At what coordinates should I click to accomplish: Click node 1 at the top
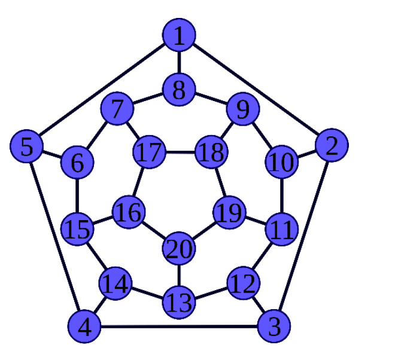tap(179, 36)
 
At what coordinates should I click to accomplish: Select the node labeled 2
tap(331, 145)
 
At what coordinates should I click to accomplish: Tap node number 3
tap(274, 327)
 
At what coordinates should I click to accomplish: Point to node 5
tap(26, 147)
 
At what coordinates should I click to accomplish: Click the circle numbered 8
tap(178, 91)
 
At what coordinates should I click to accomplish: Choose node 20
tap(178, 249)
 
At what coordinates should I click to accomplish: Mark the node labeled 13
tap(178, 302)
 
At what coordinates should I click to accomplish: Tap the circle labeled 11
tap(280, 228)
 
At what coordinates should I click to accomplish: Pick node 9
tap(242, 109)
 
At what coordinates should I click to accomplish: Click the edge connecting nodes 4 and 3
tap(180, 327)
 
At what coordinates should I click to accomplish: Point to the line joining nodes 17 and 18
tap(180, 152)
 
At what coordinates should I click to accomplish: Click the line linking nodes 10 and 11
tap(281, 195)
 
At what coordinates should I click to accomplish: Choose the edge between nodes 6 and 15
tap(77, 195)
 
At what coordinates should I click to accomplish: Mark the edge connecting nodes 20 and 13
tap(178, 276)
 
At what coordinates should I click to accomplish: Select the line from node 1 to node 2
tap(255, 90)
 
